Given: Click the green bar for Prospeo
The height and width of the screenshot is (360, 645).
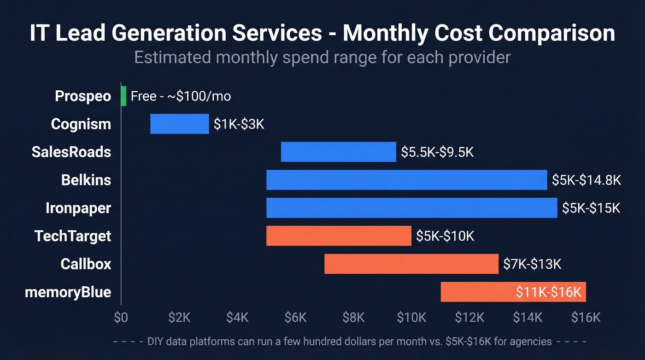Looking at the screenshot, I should pyautogui.click(x=123, y=96).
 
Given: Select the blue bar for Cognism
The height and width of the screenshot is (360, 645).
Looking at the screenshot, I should pyautogui.click(x=180, y=124).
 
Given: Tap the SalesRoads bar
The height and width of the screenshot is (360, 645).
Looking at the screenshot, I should pyautogui.click(x=338, y=152).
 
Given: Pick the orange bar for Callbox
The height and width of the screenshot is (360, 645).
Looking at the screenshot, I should pyautogui.click(x=411, y=264).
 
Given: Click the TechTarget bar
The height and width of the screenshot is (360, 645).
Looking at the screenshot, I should pyautogui.click(x=339, y=236).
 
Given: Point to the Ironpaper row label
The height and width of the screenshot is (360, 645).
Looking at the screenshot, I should pyautogui.click(x=78, y=208).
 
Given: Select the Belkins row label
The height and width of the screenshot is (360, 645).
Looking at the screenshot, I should pyautogui.click(x=86, y=180).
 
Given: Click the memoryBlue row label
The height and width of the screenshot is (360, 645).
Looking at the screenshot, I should pyautogui.click(x=68, y=292).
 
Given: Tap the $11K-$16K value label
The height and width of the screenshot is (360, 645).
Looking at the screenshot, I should pyautogui.click(x=549, y=292).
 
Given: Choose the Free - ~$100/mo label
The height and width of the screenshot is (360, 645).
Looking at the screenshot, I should pyautogui.click(x=181, y=96).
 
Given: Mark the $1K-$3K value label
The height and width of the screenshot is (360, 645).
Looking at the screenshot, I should pyautogui.click(x=239, y=124).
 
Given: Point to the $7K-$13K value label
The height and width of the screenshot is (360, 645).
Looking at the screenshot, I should pyautogui.click(x=532, y=264).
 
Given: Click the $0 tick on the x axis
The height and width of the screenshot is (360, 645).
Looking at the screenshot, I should pyautogui.click(x=121, y=318).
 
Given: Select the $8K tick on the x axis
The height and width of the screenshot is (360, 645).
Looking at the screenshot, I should pyautogui.click(x=353, y=318).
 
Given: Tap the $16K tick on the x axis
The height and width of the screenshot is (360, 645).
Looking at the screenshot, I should pyautogui.click(x=586, y=318).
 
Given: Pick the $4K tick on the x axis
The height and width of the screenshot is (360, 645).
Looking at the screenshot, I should pyautogui.click(x=237, y=318).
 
